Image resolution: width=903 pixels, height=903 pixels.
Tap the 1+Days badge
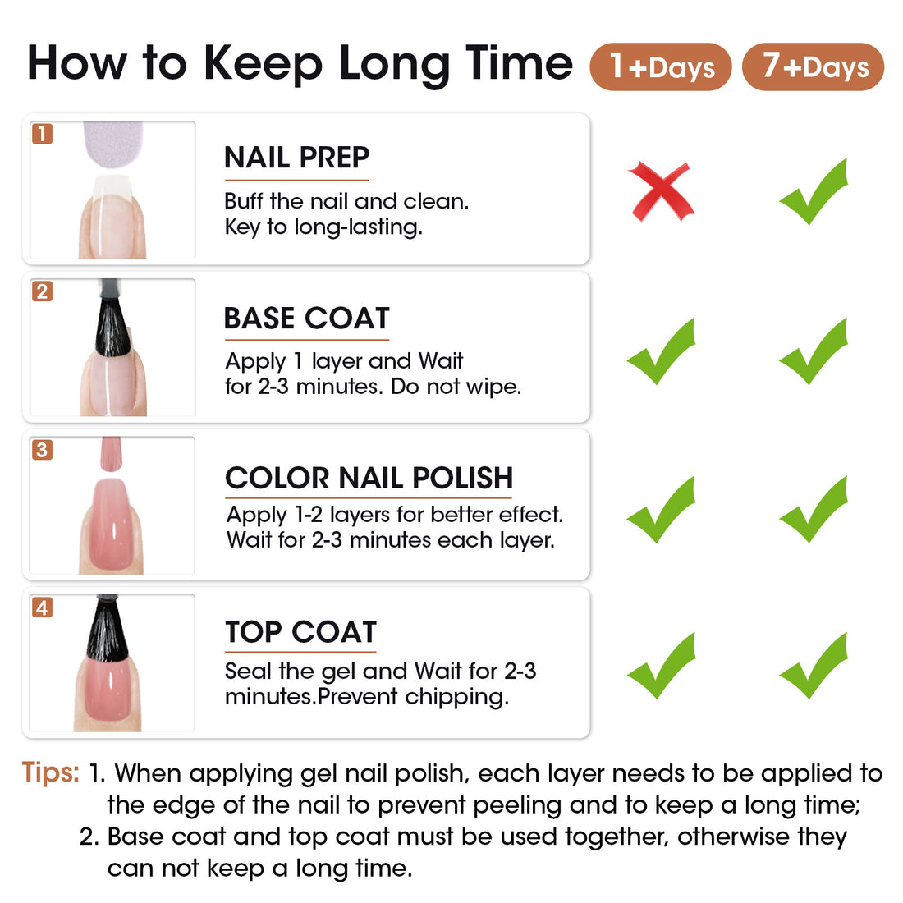(x=661, y=66)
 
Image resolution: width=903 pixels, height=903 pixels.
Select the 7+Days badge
(x=814, y=66)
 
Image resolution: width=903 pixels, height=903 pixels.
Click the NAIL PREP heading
(x=296, y=158)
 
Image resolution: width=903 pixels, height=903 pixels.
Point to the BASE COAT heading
(x=307, y=318)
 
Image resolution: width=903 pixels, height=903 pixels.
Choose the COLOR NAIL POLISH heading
(x=369, y=478)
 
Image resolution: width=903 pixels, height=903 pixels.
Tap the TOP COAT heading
(x=300, y=632)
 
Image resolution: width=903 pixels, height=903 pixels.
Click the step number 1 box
(x=42, y=134)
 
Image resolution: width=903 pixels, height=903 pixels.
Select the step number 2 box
(x=42, y=291)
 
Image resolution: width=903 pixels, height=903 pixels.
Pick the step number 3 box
(x=42, y=449)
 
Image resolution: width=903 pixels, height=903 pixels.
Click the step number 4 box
(x=42, y=607)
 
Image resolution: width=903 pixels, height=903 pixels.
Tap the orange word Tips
(x=51, y=772)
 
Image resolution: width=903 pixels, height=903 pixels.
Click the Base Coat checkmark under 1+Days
(x=661, y=351)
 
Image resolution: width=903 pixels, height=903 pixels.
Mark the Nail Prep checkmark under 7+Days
(x=814, y=191)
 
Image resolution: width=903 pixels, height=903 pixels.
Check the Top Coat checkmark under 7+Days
(x=814, y=666)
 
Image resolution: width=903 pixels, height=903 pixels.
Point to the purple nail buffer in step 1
(x=113, y=143)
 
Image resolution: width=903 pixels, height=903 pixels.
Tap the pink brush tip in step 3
(x=111, y=454)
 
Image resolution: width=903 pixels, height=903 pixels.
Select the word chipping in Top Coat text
(x=456, y=698)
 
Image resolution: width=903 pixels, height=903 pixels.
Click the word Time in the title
(x=520, y=63)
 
